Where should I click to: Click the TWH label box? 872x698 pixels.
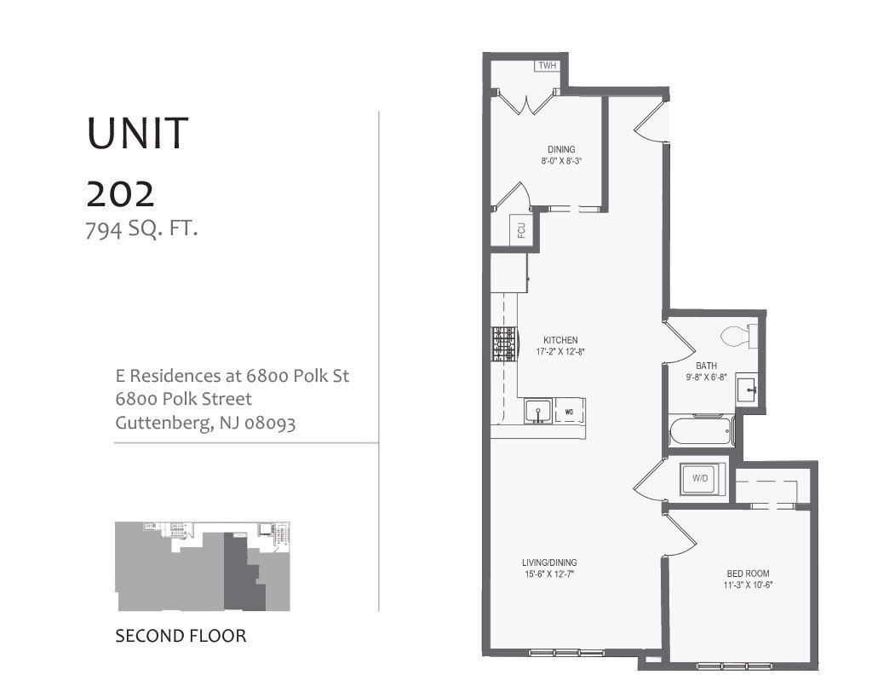[545, 66]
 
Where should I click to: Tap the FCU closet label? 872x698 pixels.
[520, 230]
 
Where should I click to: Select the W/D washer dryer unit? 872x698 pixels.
[700, 479]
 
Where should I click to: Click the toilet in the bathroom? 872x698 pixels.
[737, 336]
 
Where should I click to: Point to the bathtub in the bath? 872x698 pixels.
[700, 431]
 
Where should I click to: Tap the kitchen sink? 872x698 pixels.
[537, 412]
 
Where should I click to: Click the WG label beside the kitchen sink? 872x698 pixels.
[568, 412]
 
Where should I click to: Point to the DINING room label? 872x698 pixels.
[561, 149]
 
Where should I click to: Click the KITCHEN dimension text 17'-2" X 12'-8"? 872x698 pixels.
[561, 351]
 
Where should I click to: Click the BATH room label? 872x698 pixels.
[706, 366]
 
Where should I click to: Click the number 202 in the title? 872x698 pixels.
[120, 194]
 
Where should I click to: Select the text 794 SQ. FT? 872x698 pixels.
[141, 228]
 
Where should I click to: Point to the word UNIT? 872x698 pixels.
[136, 134]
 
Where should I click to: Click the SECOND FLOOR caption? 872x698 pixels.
[181, 636]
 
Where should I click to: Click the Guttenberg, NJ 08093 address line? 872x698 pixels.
[205, 422]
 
